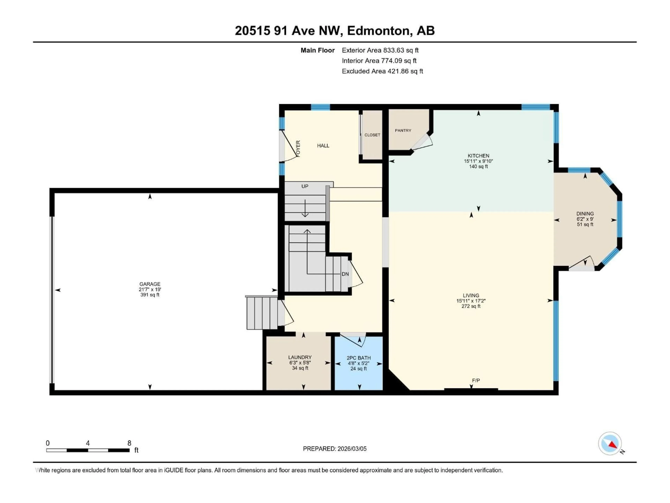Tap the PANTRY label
coord(403,130)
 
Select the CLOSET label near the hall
coord(372,135)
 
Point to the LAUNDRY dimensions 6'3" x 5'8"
coord(300,363)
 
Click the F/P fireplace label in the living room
coord(476,380)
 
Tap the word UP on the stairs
coord(305,186)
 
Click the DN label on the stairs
coord(345,274)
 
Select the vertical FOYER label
coord(298,149)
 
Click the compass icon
coord(610,444)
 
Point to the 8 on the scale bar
coord(129,443)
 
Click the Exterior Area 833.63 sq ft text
coord(380,50)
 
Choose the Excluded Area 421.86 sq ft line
coord(382,71)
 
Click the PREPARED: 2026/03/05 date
coord(335,449)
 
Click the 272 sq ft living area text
coord(471,306)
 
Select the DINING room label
coord(585,213)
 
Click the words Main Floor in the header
coord(317,50)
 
